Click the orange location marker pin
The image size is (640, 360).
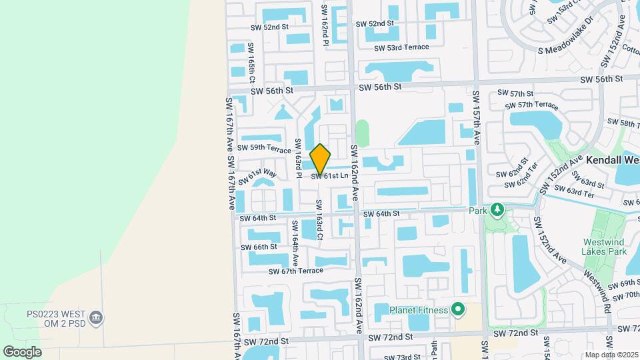321,159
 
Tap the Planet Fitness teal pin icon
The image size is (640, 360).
457,309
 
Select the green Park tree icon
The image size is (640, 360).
497,211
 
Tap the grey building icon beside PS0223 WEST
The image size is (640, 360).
96,316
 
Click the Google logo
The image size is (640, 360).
22,351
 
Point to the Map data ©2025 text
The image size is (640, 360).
611,355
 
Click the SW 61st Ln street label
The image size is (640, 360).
329,176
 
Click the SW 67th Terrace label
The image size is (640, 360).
296,271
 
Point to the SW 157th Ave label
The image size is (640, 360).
477,118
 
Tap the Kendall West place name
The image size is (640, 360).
613,161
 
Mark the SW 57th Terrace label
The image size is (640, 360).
532,105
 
